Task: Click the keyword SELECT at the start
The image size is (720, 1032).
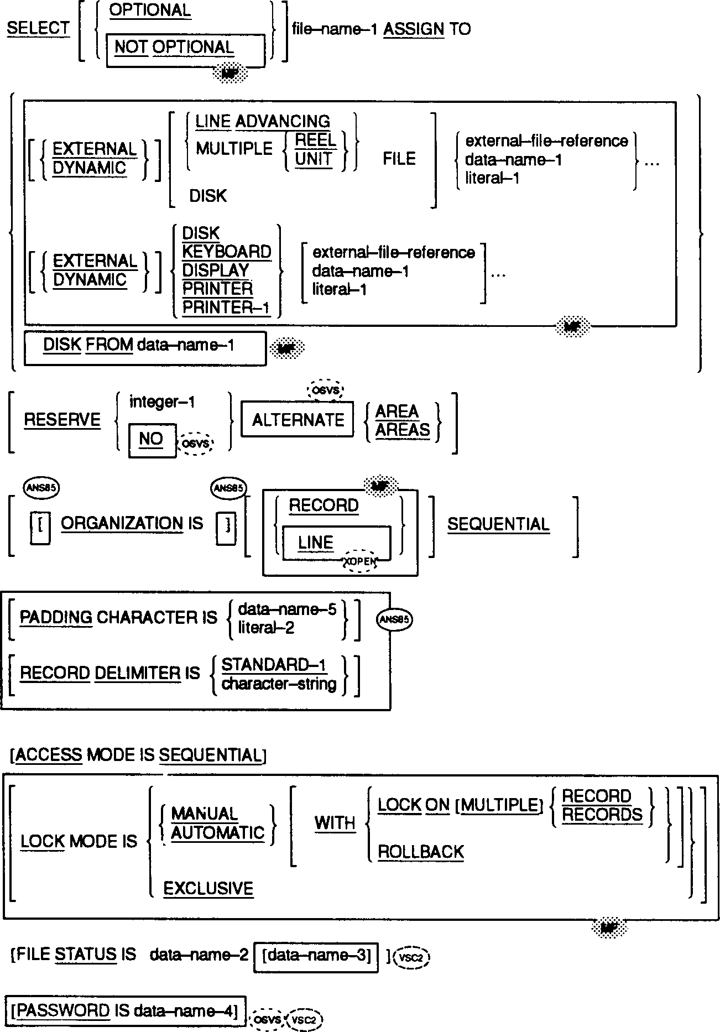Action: [x=38, y=29]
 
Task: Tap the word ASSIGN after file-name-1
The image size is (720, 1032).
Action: [x=414, y=29]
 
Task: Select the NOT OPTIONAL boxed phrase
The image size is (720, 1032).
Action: [x=174, y=48]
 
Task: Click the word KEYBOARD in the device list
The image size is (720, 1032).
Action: [x=227, y=252]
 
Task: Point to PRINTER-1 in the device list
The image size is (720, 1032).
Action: [x=226, y=307]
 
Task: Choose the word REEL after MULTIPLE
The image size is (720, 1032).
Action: [x=315, y=140]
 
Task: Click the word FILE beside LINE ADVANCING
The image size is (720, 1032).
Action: [x=399, y=159]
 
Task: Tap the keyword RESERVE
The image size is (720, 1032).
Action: [x=62, y=420]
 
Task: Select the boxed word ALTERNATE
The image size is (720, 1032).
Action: [x=298, y=421]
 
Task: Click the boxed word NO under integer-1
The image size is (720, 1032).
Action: [x=151, y=439]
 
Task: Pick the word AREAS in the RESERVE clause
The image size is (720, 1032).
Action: [x=403, y=430]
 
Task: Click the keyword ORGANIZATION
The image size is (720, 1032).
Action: [x=122, y=524]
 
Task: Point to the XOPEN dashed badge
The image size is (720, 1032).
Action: [x=360, y=561]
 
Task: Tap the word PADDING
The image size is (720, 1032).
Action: [x=56, y=618]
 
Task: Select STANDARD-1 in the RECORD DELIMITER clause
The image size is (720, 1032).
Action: [x=274, y=665]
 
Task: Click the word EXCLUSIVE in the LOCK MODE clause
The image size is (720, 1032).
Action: [x=208, y=889]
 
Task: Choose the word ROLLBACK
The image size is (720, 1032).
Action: [x=421, y=852]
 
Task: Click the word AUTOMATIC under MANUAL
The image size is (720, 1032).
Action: [x=218, y=833]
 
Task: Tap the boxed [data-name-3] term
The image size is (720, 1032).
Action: [x=316, y=956]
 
